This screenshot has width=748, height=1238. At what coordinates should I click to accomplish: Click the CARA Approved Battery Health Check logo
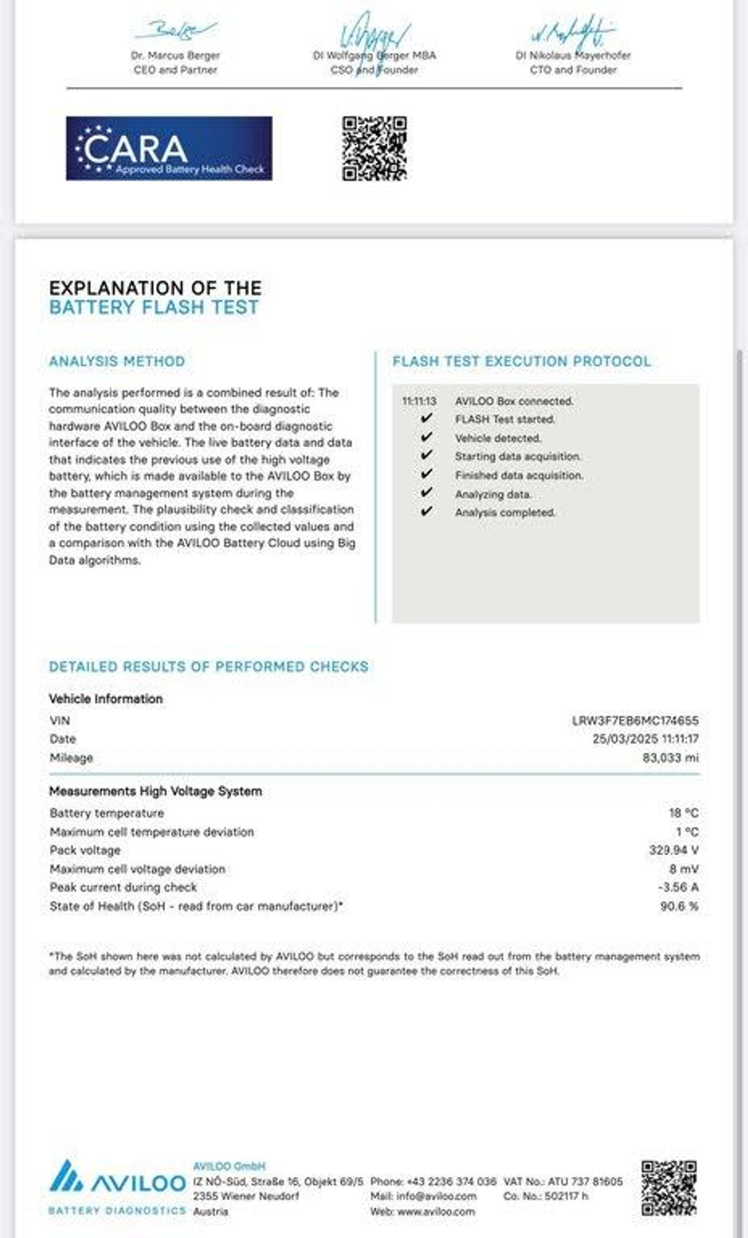click(169, 149)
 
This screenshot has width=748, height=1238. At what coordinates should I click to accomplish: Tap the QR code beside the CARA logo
click(374, 149)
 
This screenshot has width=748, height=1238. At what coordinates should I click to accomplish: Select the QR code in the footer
click(669, 1188)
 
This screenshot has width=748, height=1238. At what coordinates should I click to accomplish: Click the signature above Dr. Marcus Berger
click(176, 29)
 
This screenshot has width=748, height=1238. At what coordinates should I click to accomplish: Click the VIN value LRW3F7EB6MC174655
click(635, 721)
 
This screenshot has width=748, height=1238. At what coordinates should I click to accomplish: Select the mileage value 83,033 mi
click(670, 757)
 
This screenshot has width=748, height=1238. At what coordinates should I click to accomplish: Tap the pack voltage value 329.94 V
click(673, 850)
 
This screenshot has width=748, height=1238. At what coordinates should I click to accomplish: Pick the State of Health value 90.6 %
click(679, 906)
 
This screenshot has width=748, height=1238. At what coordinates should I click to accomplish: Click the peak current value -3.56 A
click(678, 887)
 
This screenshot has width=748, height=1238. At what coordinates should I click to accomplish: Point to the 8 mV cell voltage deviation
click(684, 869)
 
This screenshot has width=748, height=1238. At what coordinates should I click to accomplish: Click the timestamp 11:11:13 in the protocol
click(419, 401)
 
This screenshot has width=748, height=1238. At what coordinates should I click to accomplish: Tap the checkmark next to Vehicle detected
click(426, 437)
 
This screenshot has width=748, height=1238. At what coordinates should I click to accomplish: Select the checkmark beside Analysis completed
click(426, 512)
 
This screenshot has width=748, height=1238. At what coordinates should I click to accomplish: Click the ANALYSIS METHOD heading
click(117, 362)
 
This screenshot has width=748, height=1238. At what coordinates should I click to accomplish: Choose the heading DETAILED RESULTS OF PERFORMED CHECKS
click(208, 667)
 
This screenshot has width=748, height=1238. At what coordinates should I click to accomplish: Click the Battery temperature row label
click(106, 813)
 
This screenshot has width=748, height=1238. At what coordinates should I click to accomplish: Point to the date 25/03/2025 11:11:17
click(645, 739)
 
